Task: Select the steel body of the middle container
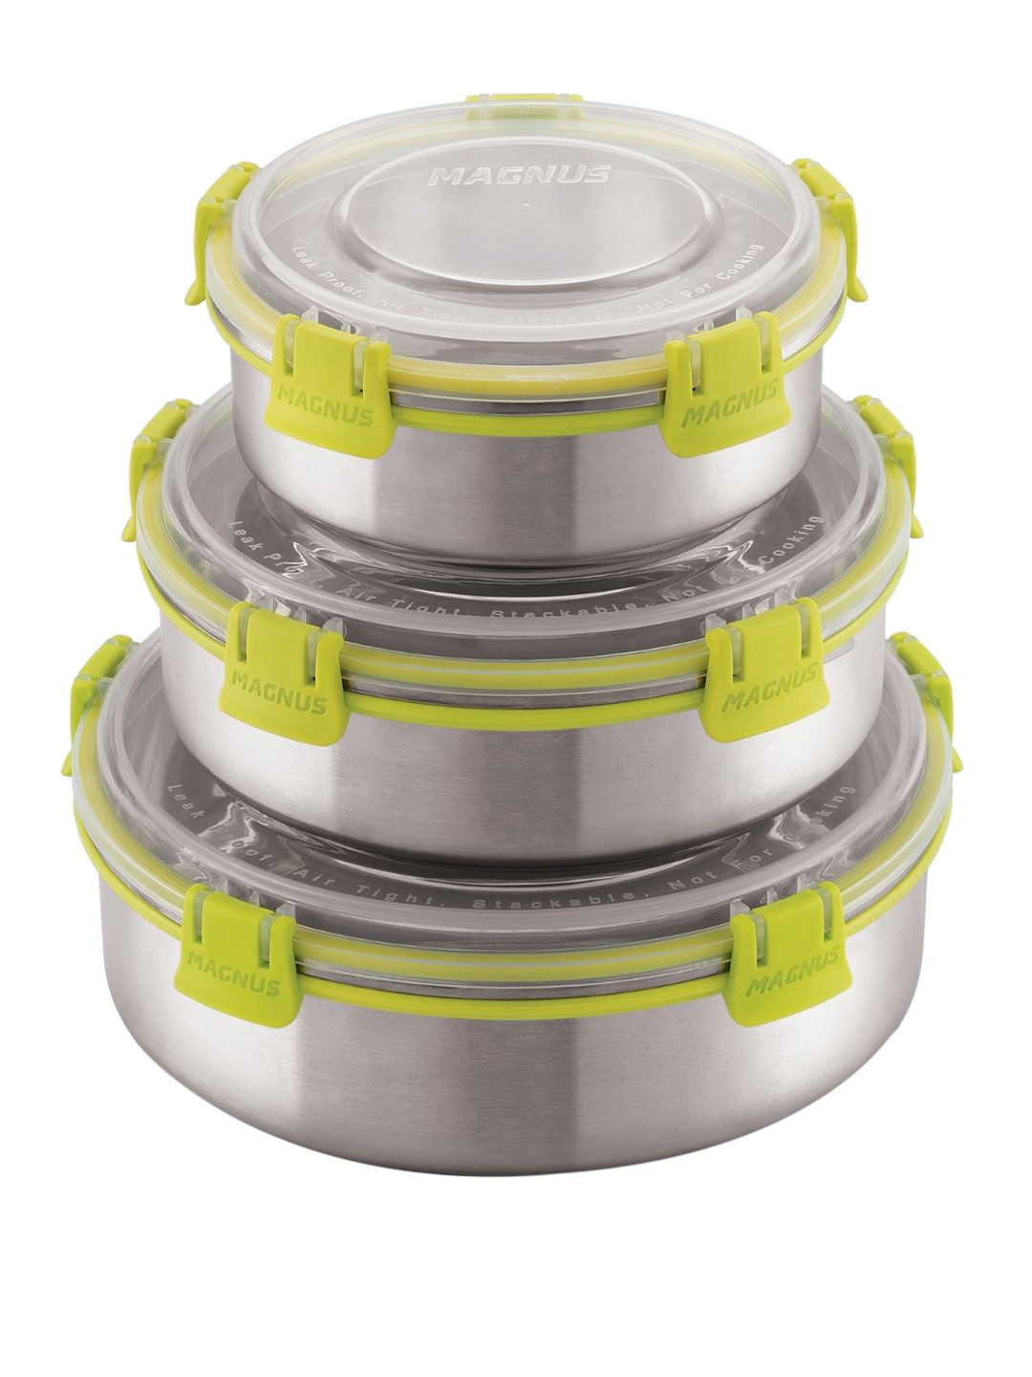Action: pos(516,765)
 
